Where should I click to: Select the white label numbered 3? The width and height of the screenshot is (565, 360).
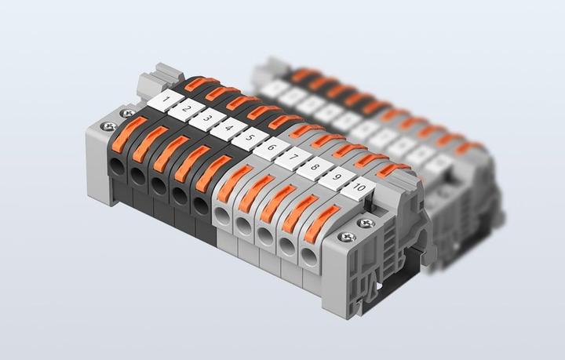(206, 119)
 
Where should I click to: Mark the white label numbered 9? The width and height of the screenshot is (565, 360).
(336, 177)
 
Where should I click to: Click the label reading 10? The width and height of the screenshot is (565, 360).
(359, 188)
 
